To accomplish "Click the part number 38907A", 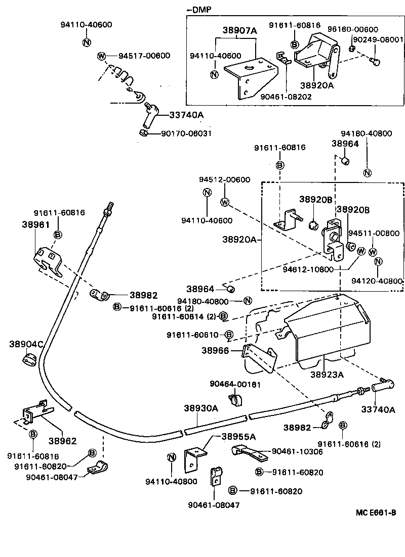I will [x=239, y=31].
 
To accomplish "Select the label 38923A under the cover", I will [x=327, y=375].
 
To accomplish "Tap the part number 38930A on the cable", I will [x=200, y=408].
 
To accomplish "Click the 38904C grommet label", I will [x=26, y=344].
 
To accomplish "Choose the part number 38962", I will [x=62, y=440].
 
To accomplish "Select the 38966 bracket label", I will [x=215, y=350].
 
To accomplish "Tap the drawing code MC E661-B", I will [x=376, y=513].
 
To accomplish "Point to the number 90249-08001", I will [x=378, y=39].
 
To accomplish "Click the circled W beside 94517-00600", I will [x=102, y=56].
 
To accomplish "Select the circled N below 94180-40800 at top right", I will [x=368, y=173].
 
